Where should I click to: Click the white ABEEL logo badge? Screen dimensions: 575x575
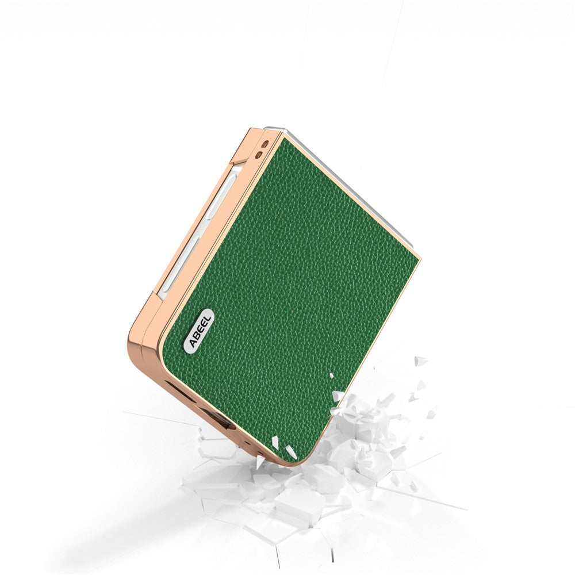pos(198,330)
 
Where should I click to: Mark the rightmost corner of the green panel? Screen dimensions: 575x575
pos(418,258)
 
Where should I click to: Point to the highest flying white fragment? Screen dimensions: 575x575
pos(421,361)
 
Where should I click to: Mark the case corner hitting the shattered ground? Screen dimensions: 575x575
pos(282,457)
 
